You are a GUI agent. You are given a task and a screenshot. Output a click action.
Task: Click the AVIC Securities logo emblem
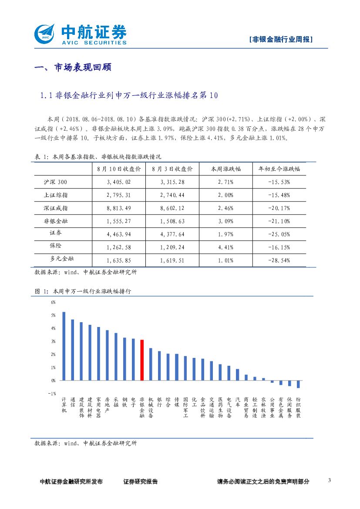[45, 33]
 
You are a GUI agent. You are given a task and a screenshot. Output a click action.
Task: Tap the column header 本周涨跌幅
[226, 169]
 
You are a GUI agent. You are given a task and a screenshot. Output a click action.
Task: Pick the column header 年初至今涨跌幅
[279, 169]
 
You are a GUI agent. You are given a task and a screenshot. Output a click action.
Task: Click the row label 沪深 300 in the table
[56, 182]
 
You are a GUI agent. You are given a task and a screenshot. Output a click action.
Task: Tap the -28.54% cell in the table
[279, 260]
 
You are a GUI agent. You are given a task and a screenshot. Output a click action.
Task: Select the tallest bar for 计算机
[64, 346]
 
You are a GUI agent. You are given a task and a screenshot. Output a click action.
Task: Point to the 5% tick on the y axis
[54, 315]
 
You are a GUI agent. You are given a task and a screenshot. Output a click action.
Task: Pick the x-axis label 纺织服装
[298, 407]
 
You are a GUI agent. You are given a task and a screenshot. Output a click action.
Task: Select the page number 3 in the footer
[330, 480]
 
